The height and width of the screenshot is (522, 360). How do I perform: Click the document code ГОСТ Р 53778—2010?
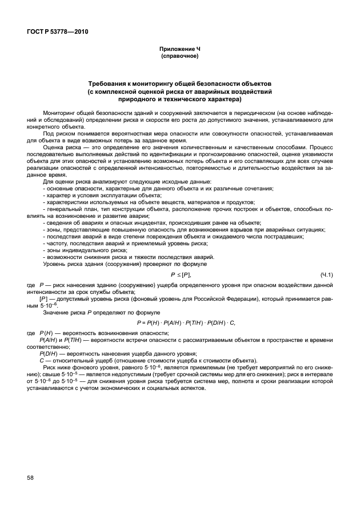click(58, 31)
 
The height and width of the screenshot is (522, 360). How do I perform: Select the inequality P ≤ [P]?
click(182, 275)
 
